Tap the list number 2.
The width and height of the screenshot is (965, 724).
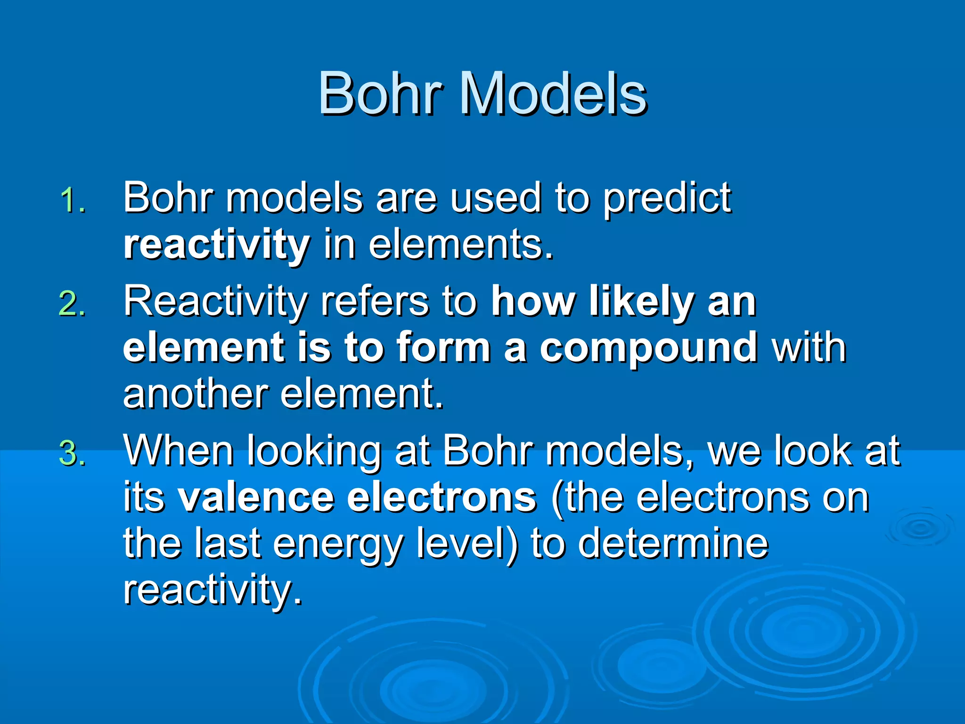(x=73, y=304)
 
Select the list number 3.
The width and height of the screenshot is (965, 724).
(x=73, y=453)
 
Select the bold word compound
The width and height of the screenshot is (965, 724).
(x=648, y=347)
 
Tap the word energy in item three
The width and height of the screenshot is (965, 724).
(x=338, y=544)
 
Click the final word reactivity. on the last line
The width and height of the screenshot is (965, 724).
(x=212, y=590)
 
